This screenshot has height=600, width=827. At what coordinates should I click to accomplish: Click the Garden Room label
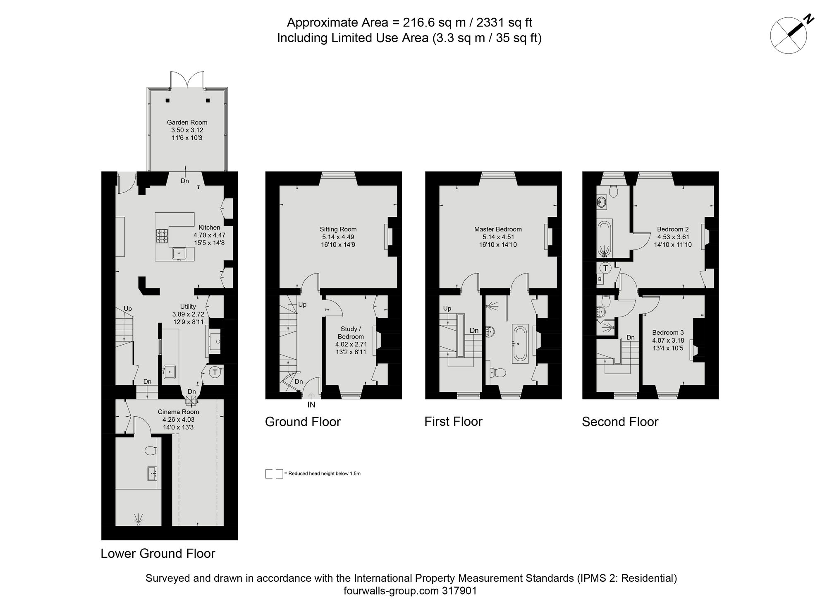(x=187, y=122)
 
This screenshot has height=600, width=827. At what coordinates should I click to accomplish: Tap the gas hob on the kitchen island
(x=162, y=237)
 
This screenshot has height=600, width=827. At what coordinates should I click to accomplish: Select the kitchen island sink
(x=179, y=253)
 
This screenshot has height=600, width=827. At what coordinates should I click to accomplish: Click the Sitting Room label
(x=338, y=229)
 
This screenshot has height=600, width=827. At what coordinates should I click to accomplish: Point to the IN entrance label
(x=311, y=405)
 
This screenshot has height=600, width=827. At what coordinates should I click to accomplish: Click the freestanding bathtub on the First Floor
(x=520, y=343)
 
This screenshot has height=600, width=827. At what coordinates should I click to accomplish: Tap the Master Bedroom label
(x=498, y=229)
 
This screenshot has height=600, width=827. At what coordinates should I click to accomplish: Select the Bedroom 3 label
(x=668, y=332)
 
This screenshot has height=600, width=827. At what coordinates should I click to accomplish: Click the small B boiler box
(x=600, y=279)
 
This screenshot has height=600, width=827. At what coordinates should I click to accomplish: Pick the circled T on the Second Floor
(x=606, y=268)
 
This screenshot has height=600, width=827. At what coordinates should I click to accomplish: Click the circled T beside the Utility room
(x=215, y=372)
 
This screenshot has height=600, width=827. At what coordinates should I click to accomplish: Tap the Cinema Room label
(x=178, y=412)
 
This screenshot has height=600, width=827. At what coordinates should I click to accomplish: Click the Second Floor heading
(x=620, y=422)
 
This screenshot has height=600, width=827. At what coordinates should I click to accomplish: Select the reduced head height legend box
(x=274, y=474)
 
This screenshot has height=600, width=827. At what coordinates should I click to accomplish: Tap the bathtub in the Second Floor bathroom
(x=605, y=239)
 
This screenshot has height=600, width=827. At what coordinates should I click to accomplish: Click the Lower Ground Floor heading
(x=158, y=553)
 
